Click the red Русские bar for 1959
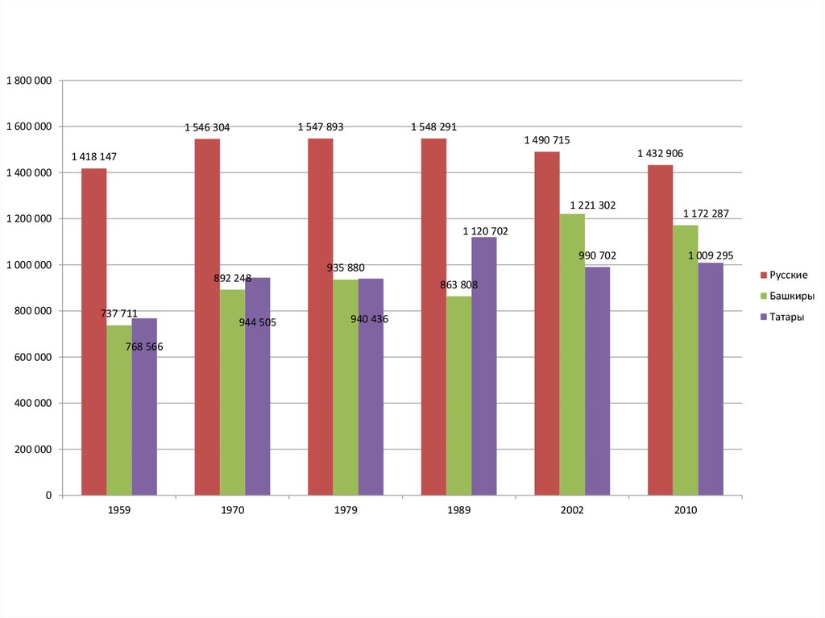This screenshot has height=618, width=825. tap(93, 331)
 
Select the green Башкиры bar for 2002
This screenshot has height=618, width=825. tap(572, 355)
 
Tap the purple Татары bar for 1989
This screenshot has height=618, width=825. tap(484, 366)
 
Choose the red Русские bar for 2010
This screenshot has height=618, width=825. tap(660, 330)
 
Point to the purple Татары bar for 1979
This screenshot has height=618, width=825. tap(371, 387)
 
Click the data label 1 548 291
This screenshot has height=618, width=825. tap(439, 127)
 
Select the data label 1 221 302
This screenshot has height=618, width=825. tap(592, 205)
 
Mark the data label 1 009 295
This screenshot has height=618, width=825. tap(710, 255)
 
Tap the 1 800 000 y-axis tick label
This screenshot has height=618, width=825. tap(29, 81)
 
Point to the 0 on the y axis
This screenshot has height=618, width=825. tap(48, 496)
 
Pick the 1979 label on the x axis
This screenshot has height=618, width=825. tap(345, 510)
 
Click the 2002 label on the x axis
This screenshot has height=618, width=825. tap(572, 510)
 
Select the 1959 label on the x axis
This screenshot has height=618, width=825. tap(118, 510)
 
